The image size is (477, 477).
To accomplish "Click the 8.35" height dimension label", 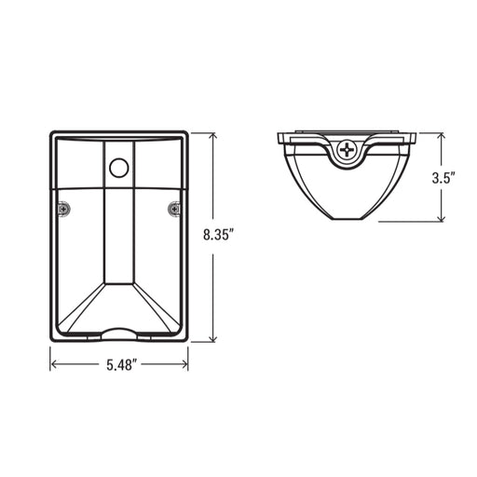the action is tap(218, 235).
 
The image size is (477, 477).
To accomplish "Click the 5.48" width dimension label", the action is tap(122, 365).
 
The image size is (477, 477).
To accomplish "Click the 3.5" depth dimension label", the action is tap(443, 178).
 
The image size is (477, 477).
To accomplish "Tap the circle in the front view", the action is tap(119, 168).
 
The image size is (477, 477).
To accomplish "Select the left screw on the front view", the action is tap(63, 209).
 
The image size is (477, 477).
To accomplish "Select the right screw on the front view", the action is tap(174, 209).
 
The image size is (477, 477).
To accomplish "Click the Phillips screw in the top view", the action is tap(347, 151).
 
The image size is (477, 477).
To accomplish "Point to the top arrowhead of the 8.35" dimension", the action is tap(212, 137).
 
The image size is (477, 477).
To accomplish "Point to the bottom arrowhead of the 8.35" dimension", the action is tap(212, 337).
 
